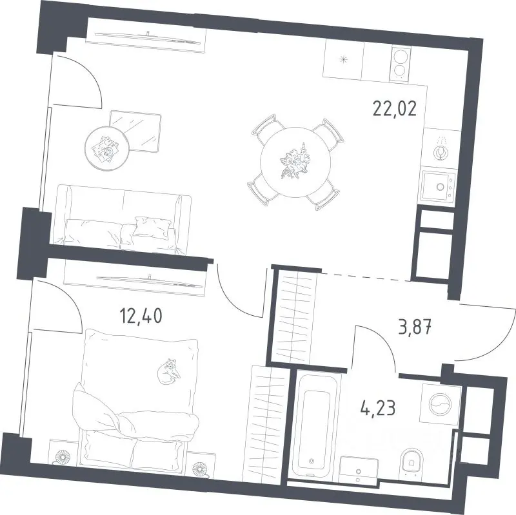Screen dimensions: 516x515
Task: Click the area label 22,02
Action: point(395,109)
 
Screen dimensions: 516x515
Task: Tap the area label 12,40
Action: point(141,316)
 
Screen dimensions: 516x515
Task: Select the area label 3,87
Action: point(415,327)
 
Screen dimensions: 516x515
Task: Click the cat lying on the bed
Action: point(168,371)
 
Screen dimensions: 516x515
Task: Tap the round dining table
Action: point(295,162)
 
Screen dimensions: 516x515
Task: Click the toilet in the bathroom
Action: point(412,462)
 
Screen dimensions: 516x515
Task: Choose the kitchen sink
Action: point(438,186)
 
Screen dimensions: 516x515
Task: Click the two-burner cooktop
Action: point(399,64)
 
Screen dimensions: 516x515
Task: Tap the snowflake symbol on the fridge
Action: point(344,59)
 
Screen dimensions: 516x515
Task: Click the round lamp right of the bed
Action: point(201,469)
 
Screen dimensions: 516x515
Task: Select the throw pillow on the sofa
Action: point(152,227)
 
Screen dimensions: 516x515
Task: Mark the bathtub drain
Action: point(312,462)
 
